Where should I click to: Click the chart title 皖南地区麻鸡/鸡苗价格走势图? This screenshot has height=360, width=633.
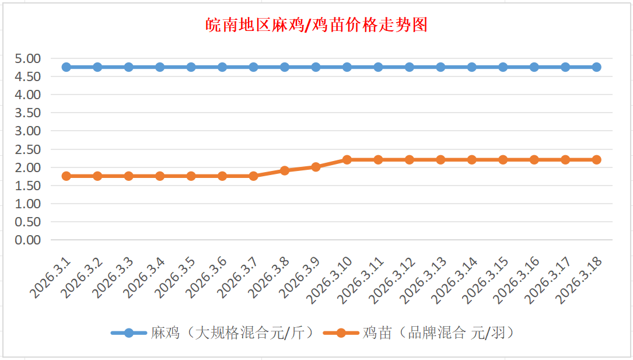coord(317,25)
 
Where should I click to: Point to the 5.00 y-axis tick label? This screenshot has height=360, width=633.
coord(28,58)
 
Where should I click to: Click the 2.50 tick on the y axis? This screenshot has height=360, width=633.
coord(28,149)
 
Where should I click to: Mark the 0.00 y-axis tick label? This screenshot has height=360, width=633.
coord(28,240)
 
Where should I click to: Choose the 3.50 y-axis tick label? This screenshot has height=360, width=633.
coord(28,113)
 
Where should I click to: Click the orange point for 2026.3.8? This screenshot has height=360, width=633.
coord(285,170)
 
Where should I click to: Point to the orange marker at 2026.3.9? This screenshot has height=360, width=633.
coord(316,167)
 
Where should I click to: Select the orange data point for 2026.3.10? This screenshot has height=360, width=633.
coord(347,159)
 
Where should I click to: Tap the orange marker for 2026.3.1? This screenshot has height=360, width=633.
coord(67,176)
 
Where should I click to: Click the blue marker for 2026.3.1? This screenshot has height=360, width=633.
coord(67,67)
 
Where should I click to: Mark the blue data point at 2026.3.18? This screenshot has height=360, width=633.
coord(596,67)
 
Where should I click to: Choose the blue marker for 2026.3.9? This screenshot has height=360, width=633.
coord(316,67)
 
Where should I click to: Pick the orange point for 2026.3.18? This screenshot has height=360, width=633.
coord(596,159)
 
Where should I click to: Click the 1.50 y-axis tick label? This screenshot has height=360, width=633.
coord(28,186)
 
